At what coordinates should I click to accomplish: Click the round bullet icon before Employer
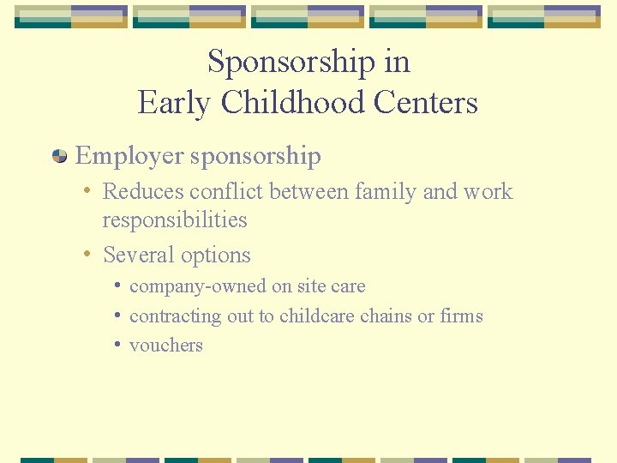pyautogui.click(x=60, y=156)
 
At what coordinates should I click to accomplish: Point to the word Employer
pyautogui.click(x=129, y=156)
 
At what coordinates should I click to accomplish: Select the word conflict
pyautogui.click(x=229, y=191)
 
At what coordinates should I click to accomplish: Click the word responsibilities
pyautogui.click(x=175, y=220)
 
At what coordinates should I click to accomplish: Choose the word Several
pyautogui.click(x=137, y=256)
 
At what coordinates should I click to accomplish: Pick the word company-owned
pyautogui.click(x=189, y=286)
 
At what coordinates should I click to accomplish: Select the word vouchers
pyautogui.click(x=166, y=346)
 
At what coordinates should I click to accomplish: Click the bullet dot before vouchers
pyautogui.click(x=117, y=345)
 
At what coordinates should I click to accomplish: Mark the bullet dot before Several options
pyautogui.click(x=88, y=255)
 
